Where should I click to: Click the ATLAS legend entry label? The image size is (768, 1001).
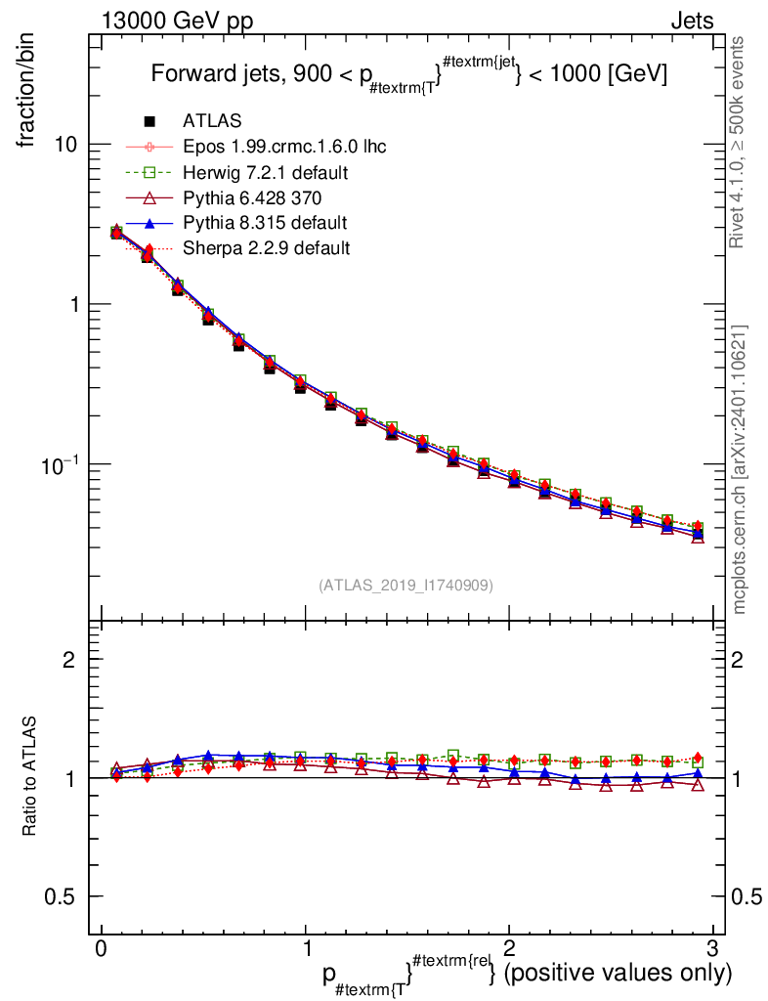click(x=212, y=121)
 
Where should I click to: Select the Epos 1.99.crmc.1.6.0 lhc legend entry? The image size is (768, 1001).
click(x=284, y=147)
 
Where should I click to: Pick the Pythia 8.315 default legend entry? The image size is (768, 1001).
click(x=265, y=223)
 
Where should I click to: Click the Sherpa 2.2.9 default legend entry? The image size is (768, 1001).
click(x=267, y=248)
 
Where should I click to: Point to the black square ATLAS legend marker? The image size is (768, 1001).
click(x=149, y=121)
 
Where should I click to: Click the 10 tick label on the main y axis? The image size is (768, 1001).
click(x=64, y=145)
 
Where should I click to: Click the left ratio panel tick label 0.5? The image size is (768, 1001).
click(x=63, y=896)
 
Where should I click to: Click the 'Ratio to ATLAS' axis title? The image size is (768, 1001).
click(x=30, y=776)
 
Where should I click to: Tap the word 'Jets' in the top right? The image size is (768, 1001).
click(x=691, y=21)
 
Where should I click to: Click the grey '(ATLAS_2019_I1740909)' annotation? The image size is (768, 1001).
click(x=405, y=586)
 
